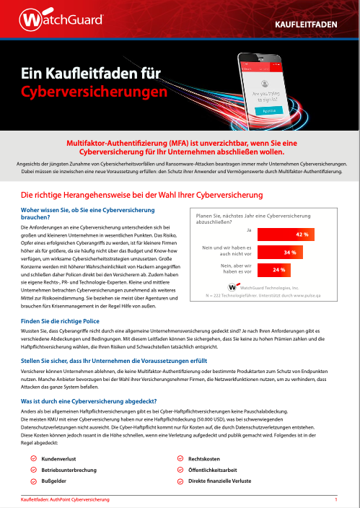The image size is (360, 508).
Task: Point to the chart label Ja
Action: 249,229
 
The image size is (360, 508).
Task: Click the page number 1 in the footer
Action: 336,499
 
